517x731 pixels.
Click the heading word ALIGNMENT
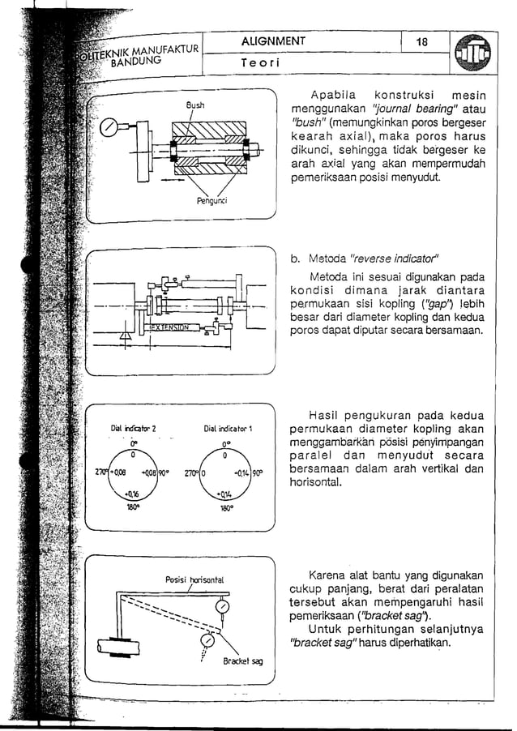[x=273, y=41]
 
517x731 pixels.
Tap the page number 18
[x=421, y=42]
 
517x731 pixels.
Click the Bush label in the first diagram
[x=196, y=105]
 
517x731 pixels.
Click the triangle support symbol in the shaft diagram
[x=125, y=335]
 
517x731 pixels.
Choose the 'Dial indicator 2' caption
[x=132, y=427]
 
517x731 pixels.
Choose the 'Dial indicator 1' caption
[x=231, y=427]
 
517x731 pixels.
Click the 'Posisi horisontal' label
[x=194, y=579]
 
